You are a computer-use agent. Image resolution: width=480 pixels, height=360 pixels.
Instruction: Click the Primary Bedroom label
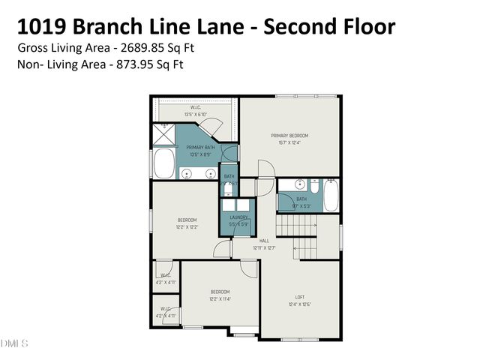tap(289, 136)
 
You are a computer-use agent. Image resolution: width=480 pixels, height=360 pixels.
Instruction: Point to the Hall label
tap(264, 241)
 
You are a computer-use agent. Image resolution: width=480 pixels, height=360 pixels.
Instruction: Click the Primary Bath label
tap(200, 148)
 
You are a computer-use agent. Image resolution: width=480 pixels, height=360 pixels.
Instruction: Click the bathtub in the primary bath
tap(164, 163)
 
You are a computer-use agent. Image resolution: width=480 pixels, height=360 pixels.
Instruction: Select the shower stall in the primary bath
tap(163, 134)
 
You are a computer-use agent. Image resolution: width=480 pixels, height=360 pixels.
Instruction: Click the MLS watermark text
tap(15, 343)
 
